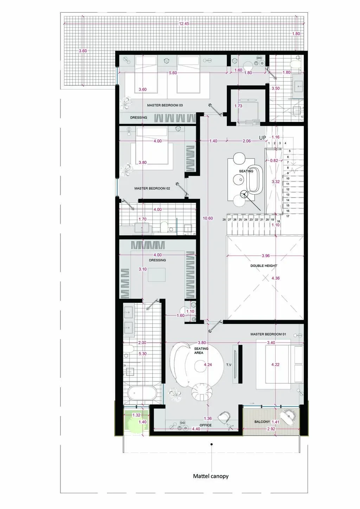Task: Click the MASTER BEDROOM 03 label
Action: click(x=165, y=105)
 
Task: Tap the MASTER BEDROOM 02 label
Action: click(x=152, y=188)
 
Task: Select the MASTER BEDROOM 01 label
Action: click(x=268, y=334)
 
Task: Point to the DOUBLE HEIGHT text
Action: click(x=264, y=266)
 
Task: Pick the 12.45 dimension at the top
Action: click(x=184, y=24)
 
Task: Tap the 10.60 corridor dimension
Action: click(x=208, y=218)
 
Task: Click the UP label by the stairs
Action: click(x=262, y=138)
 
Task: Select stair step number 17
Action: click(x=288, y=216)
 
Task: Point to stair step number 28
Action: click(x=224, y=220)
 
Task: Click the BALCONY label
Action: click(x=262, y=422)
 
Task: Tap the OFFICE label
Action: click(x=206, y=425)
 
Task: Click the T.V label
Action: click(x=229, y=365)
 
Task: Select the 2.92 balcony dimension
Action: click(x=271, y=429)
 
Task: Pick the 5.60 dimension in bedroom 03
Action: click(x=173, y=73)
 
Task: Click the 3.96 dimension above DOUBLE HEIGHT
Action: click(x=266, y=256)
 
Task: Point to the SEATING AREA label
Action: click(x=201, y=351)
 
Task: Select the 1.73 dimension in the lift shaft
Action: click(x=238, y=106)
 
